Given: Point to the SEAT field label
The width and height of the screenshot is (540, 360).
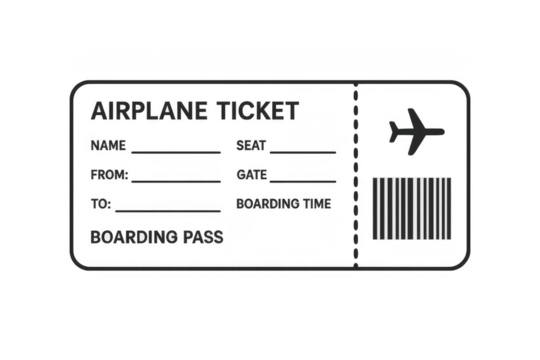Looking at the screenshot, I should pyautogui.click(x=250, y=146).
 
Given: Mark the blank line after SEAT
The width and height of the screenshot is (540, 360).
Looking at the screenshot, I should pyautogui.click(x=303, y=150).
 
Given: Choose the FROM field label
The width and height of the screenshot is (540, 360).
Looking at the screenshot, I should pyautogui.click(x=108, y=175).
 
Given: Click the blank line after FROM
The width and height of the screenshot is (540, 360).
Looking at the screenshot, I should pyautogui.click(x=177, y=180).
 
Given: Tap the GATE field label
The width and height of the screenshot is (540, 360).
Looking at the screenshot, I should pyautogui.click(x=250, y=175).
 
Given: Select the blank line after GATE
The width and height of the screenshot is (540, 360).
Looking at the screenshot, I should pyautogui.click(x=303, y=180).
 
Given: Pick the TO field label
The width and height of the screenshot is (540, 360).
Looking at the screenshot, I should pyautogui.click(x=100, y=205).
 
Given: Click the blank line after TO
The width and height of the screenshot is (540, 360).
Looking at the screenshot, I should pyautogui.click(x=167, y=210).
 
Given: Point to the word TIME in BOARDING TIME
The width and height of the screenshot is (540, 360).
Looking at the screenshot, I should pyautogui.click(x=316, y=204).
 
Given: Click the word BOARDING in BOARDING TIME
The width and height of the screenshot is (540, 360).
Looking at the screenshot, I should pyautogui.click(x=266, y=204).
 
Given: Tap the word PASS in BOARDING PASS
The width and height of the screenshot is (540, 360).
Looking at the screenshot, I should pyautogui.click(x=200, y=238).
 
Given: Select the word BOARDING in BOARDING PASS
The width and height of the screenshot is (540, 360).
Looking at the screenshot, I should pyautogui.click(x=131, y=238).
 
